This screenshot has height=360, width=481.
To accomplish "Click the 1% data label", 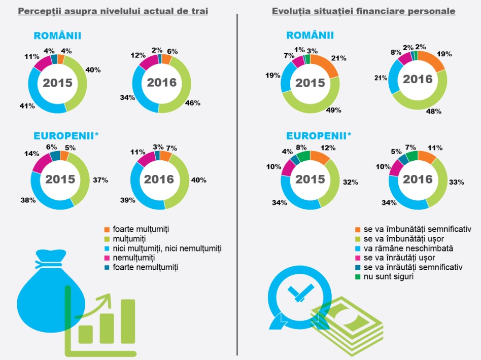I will pyautogui.click(x=300, y=50).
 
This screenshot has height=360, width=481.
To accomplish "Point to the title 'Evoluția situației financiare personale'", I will pyautogui.click(x=363, y=11).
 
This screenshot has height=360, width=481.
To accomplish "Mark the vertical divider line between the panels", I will pyautogui.click(x=237, y=183).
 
